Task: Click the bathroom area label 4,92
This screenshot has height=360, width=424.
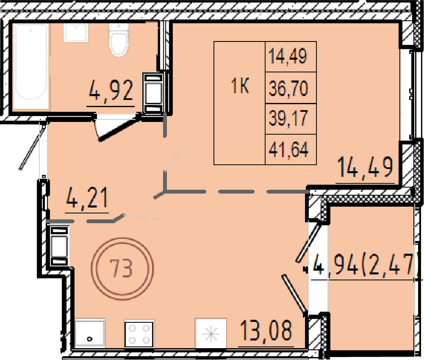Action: coord(111,90)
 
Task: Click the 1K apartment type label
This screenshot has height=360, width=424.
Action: coord(240,86)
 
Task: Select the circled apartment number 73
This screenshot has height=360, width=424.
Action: coord(122,268)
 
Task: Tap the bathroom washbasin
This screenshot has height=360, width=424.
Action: coord(76,33)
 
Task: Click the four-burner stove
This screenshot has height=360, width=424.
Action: coord(139,334)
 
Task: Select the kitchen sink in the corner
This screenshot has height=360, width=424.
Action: coord(89,333)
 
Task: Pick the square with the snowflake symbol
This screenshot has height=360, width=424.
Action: coord(211,333)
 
